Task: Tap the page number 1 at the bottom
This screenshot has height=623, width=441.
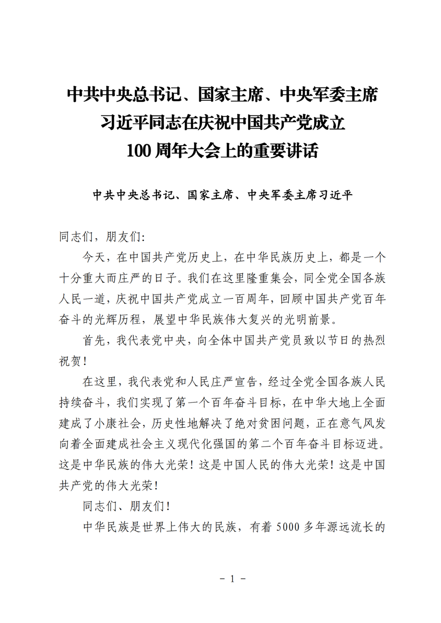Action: coord(232,578)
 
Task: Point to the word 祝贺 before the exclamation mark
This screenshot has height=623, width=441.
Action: coord(70,361)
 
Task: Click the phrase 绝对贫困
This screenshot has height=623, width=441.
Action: coord(258,423)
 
